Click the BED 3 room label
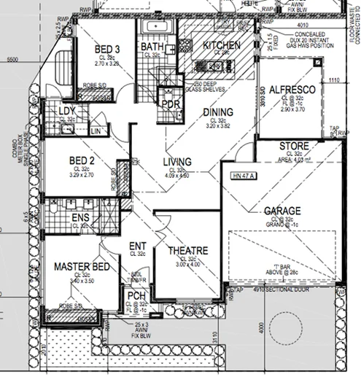107,50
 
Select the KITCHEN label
221,46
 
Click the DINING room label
219,112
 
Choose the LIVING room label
177,162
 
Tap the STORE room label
294,147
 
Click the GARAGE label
282,211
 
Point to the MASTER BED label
81,268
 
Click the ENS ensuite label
80,217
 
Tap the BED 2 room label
81,160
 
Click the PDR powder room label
171,105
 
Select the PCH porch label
136,295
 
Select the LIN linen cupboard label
96,131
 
